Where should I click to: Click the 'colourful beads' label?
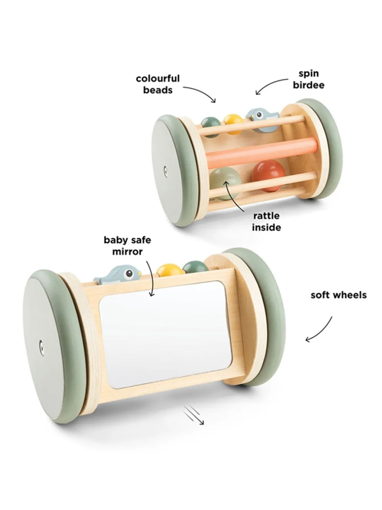158,84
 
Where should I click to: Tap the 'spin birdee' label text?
308,79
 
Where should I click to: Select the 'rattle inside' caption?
266,221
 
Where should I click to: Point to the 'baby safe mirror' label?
127,246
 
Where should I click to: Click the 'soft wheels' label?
338,295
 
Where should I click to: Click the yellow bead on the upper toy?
233,124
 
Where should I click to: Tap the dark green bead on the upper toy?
211,127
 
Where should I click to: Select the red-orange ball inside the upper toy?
268,176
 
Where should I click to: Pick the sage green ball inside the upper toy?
225,183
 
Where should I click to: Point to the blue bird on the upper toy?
263,119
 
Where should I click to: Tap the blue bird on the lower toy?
117,275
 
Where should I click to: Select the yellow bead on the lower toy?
169,271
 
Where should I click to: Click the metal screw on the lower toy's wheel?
41,348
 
